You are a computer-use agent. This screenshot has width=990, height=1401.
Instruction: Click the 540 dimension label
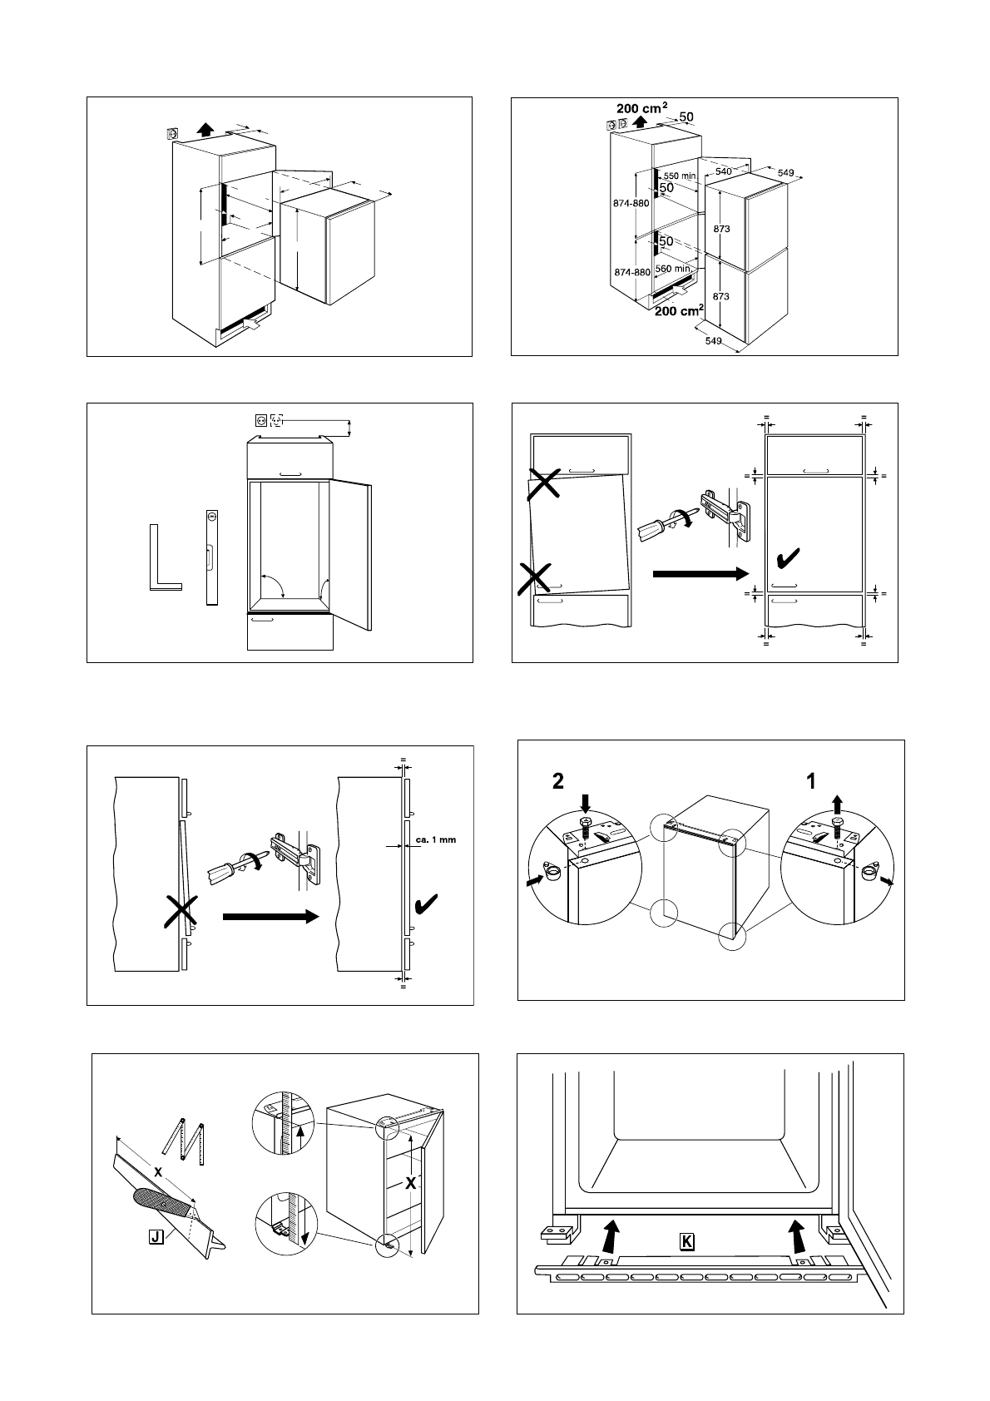[723, 171]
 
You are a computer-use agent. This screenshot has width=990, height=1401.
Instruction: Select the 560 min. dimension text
[674, 269]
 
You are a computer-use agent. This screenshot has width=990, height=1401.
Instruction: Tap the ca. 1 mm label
[436, 839]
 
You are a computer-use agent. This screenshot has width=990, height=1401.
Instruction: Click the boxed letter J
[156, 1236]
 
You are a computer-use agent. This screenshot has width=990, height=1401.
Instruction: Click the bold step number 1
[810, 781]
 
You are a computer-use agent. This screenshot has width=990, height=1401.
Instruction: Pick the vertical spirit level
[212, 557]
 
